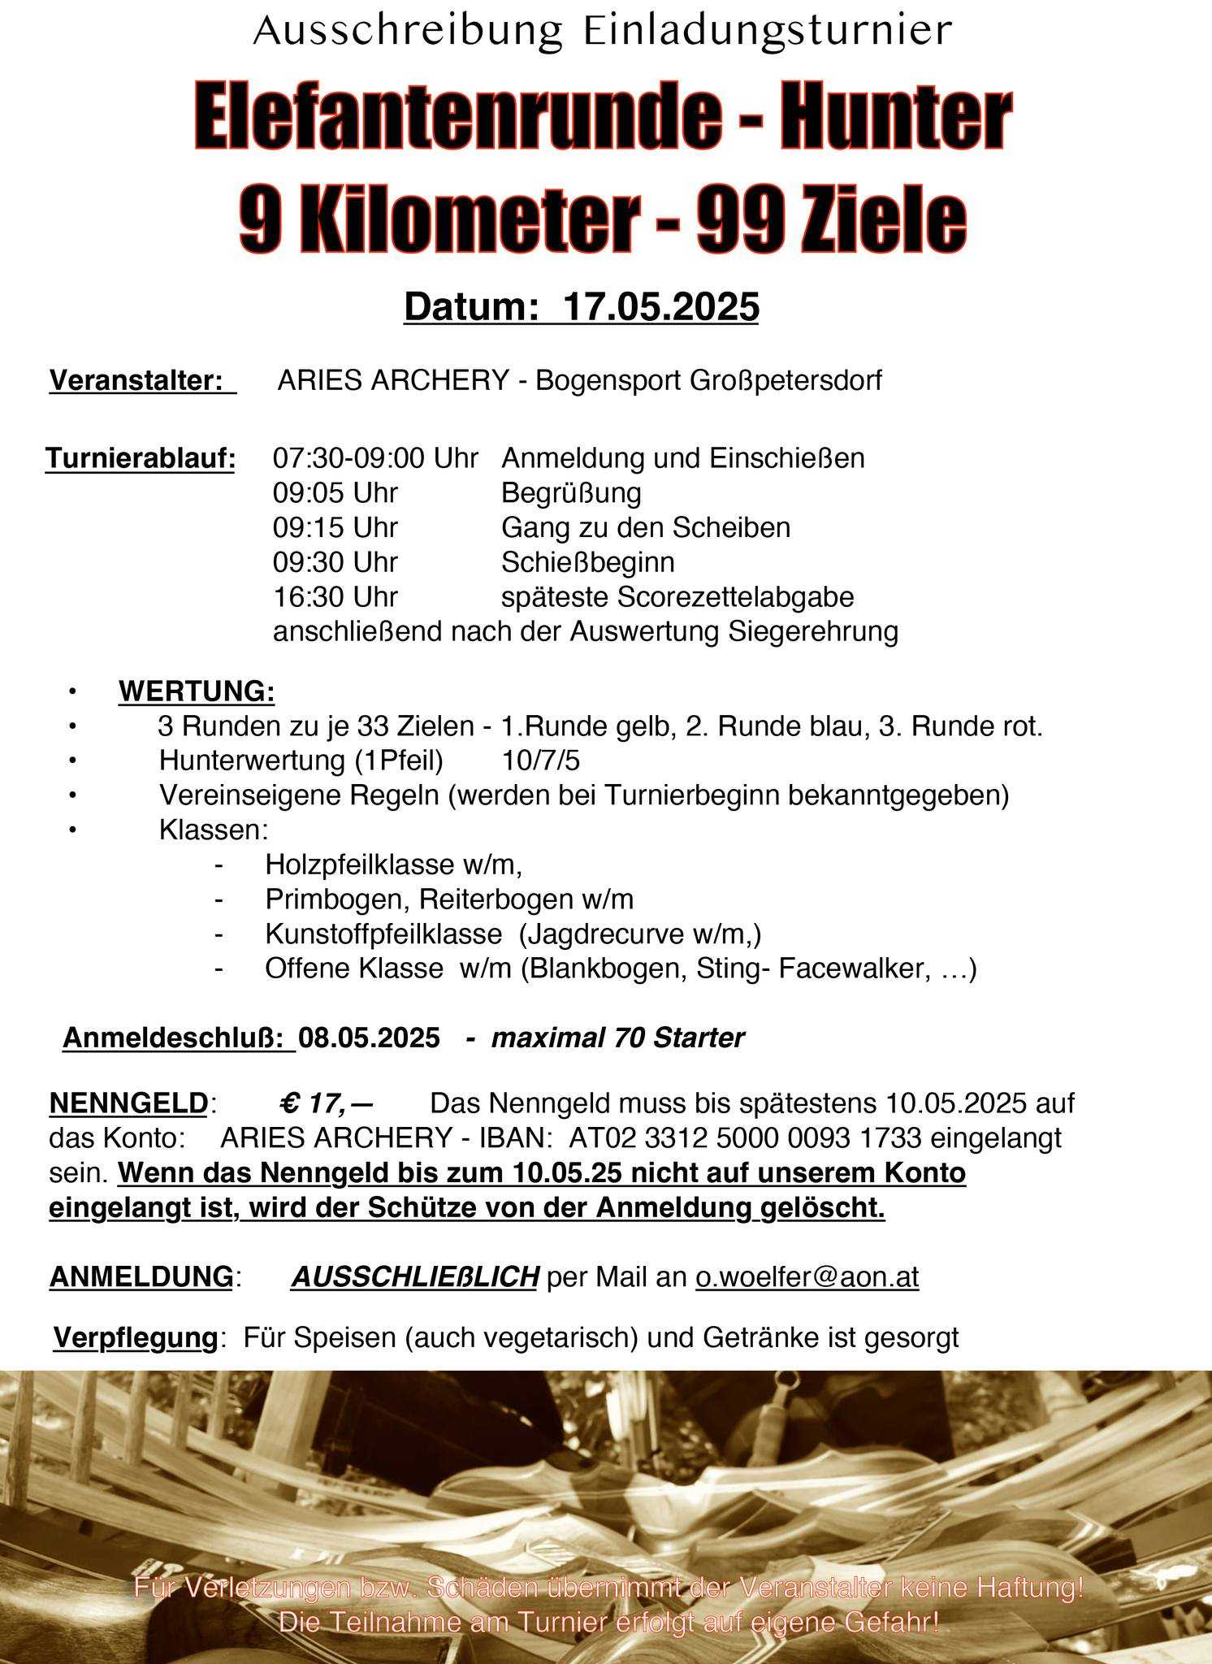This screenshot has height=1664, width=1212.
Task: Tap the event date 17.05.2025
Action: (x=660, y=307)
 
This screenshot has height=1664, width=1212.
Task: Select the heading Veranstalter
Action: (x=136, y=380)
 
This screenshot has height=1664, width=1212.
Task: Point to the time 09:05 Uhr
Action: (x=335, y=493)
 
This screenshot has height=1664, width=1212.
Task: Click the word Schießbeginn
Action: (x=587, y=562)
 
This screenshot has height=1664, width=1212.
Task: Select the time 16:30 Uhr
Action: (x=335, y=597)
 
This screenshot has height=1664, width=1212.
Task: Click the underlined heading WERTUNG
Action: (x=196, y=691)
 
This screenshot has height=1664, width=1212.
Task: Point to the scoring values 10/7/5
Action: (x=540, y=760)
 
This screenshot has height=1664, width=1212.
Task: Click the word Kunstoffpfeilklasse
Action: (x=383, y=934)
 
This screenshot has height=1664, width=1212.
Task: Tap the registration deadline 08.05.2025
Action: (x=369, y=1038)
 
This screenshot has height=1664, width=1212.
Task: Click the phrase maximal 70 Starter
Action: (x=617, y=1038)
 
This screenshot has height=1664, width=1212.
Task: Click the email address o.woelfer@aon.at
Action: (x=807, y=1277)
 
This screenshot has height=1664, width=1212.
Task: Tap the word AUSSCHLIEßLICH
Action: (x=414, y=1277)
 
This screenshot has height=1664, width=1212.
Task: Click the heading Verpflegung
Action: (x=135, y=1337)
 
